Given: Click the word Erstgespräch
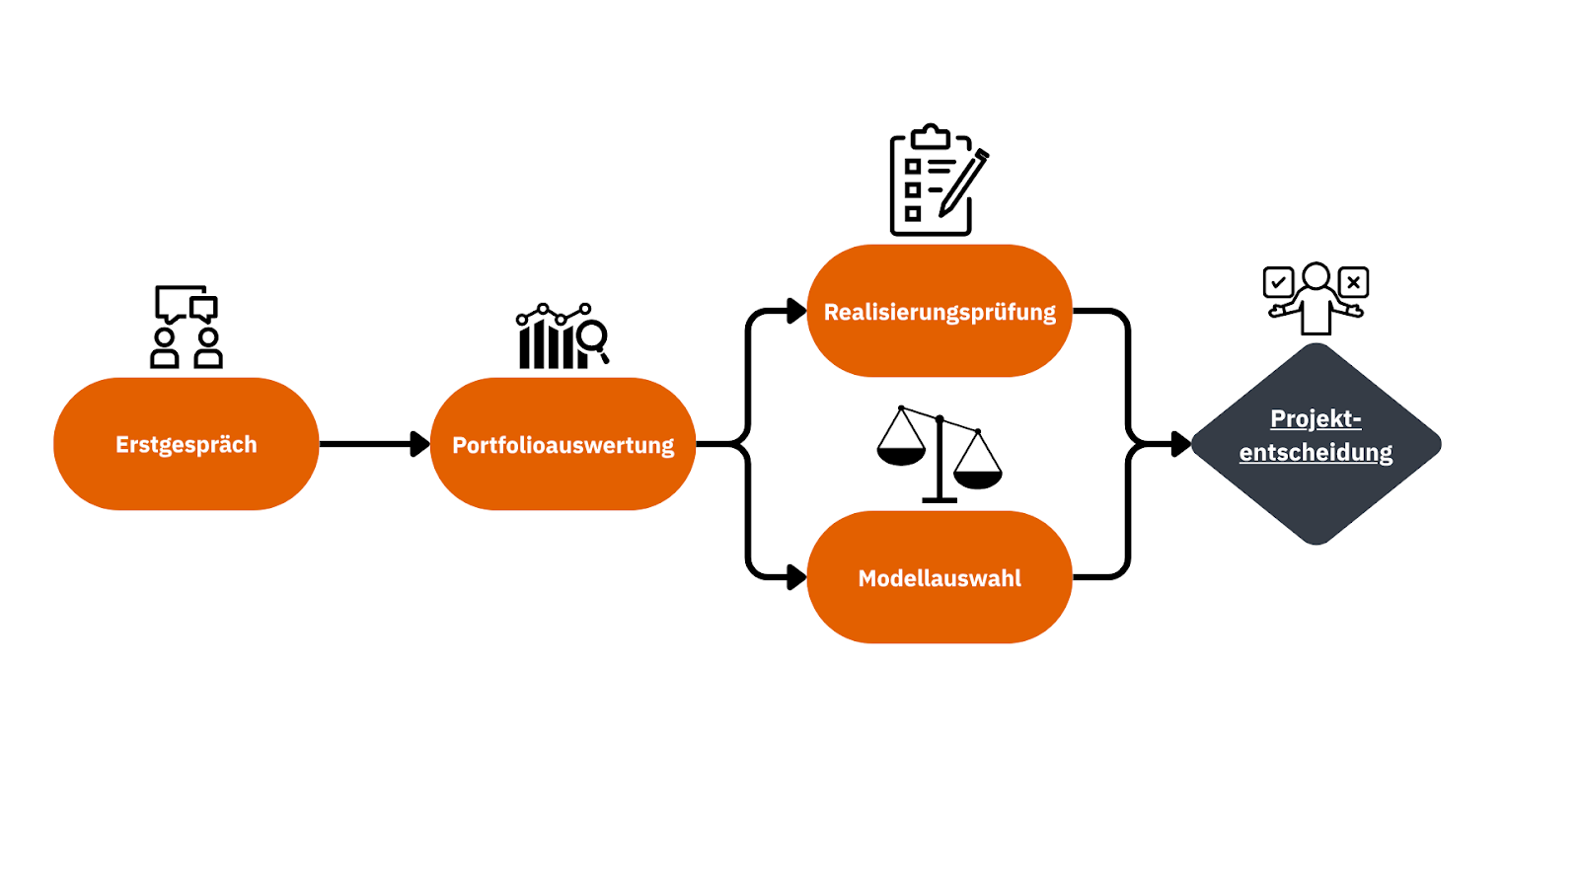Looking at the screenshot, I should click(186, 445).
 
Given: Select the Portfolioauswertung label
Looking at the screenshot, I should click(563, 445).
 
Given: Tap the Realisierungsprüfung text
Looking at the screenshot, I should click(940, 312).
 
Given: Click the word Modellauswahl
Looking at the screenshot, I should click(940, 578).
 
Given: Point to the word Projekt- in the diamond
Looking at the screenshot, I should click(1316, 418).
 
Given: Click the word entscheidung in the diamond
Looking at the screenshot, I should click(1316, 452).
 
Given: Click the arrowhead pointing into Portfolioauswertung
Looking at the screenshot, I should click(420, 444).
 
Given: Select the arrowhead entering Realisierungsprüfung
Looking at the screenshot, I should click(796, 311).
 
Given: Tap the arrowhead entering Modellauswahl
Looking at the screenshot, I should click(796, 577).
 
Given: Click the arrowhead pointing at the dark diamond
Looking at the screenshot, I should click(1180, 444).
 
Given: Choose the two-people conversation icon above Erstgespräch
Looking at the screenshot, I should click(187, 327).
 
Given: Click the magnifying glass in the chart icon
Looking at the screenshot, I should click(592, 337).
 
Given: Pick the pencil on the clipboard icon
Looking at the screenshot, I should click(963, 183).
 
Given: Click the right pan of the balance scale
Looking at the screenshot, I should click(978, 479).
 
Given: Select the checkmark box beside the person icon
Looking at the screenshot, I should click(1278, 282).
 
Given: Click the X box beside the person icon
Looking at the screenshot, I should click(1353, 282).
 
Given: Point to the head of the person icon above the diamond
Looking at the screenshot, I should click(1316, 275).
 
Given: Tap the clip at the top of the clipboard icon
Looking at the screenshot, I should click(930, 136).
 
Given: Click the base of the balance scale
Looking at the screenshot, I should click(940, 500).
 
